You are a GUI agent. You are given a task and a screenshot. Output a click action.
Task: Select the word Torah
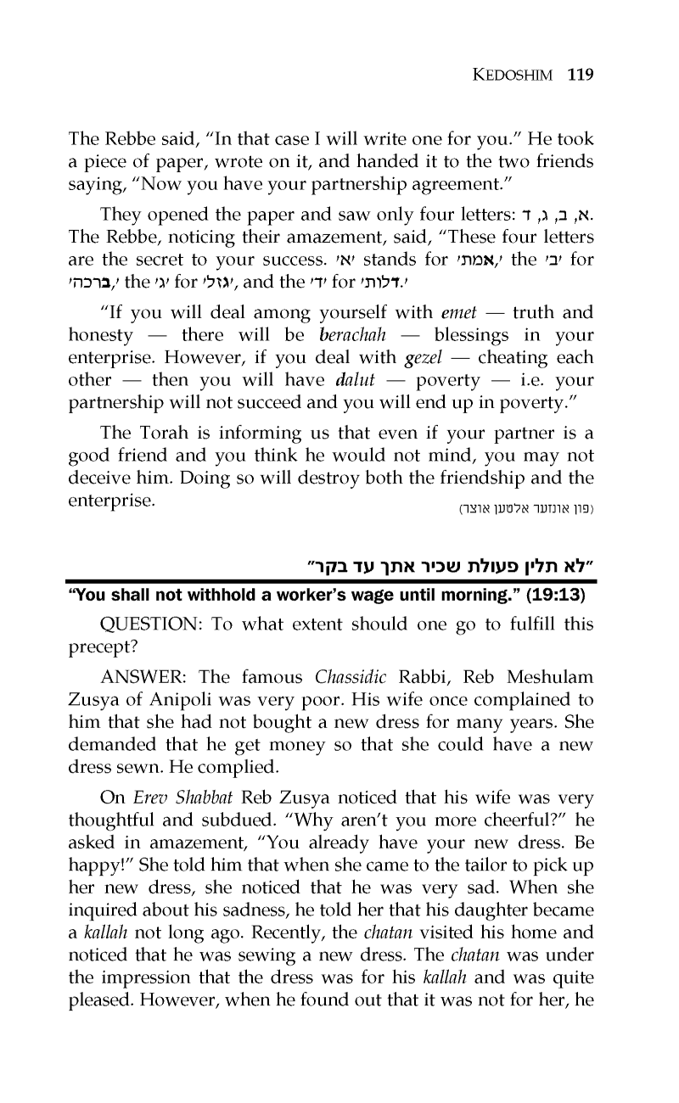155,436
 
